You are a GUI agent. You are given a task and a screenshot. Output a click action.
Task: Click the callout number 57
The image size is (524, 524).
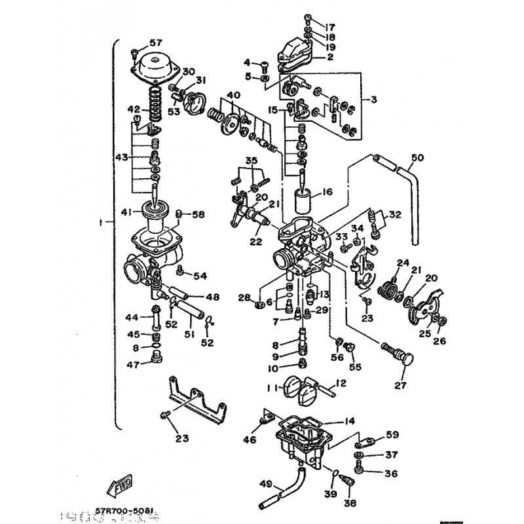[x=155, y=43]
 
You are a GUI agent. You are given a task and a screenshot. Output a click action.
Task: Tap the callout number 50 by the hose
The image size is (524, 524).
[x=417, y=158]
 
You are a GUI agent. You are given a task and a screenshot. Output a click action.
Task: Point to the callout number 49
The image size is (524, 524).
[x=265, y=485]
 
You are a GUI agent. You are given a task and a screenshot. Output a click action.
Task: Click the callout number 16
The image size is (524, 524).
[x=327, y=193]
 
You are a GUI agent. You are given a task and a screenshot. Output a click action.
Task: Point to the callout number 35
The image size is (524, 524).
[x=251, y=160]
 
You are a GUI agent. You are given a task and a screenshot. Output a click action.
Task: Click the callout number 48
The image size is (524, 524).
[x=212, y=297]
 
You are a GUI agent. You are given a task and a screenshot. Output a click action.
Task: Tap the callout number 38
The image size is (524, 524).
[x=350, y=503]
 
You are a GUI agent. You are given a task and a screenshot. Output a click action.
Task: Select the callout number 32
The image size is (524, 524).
[x=394, y=215]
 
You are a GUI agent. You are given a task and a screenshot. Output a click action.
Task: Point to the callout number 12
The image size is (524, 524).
[x=341, y=383]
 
